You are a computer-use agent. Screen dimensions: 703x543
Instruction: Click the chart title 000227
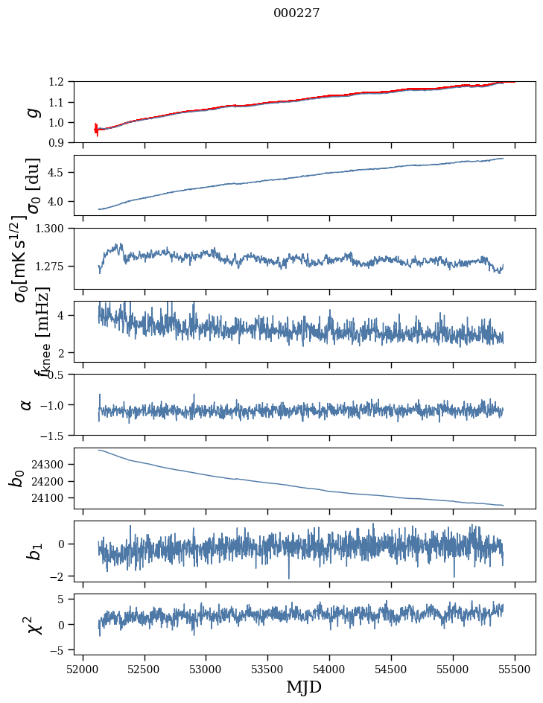[296, 13]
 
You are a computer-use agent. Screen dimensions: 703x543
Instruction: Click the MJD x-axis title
[304, 687]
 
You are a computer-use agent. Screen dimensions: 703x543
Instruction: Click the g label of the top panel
[31, 112]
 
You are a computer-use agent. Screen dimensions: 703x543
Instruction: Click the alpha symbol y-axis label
[27, 404]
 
